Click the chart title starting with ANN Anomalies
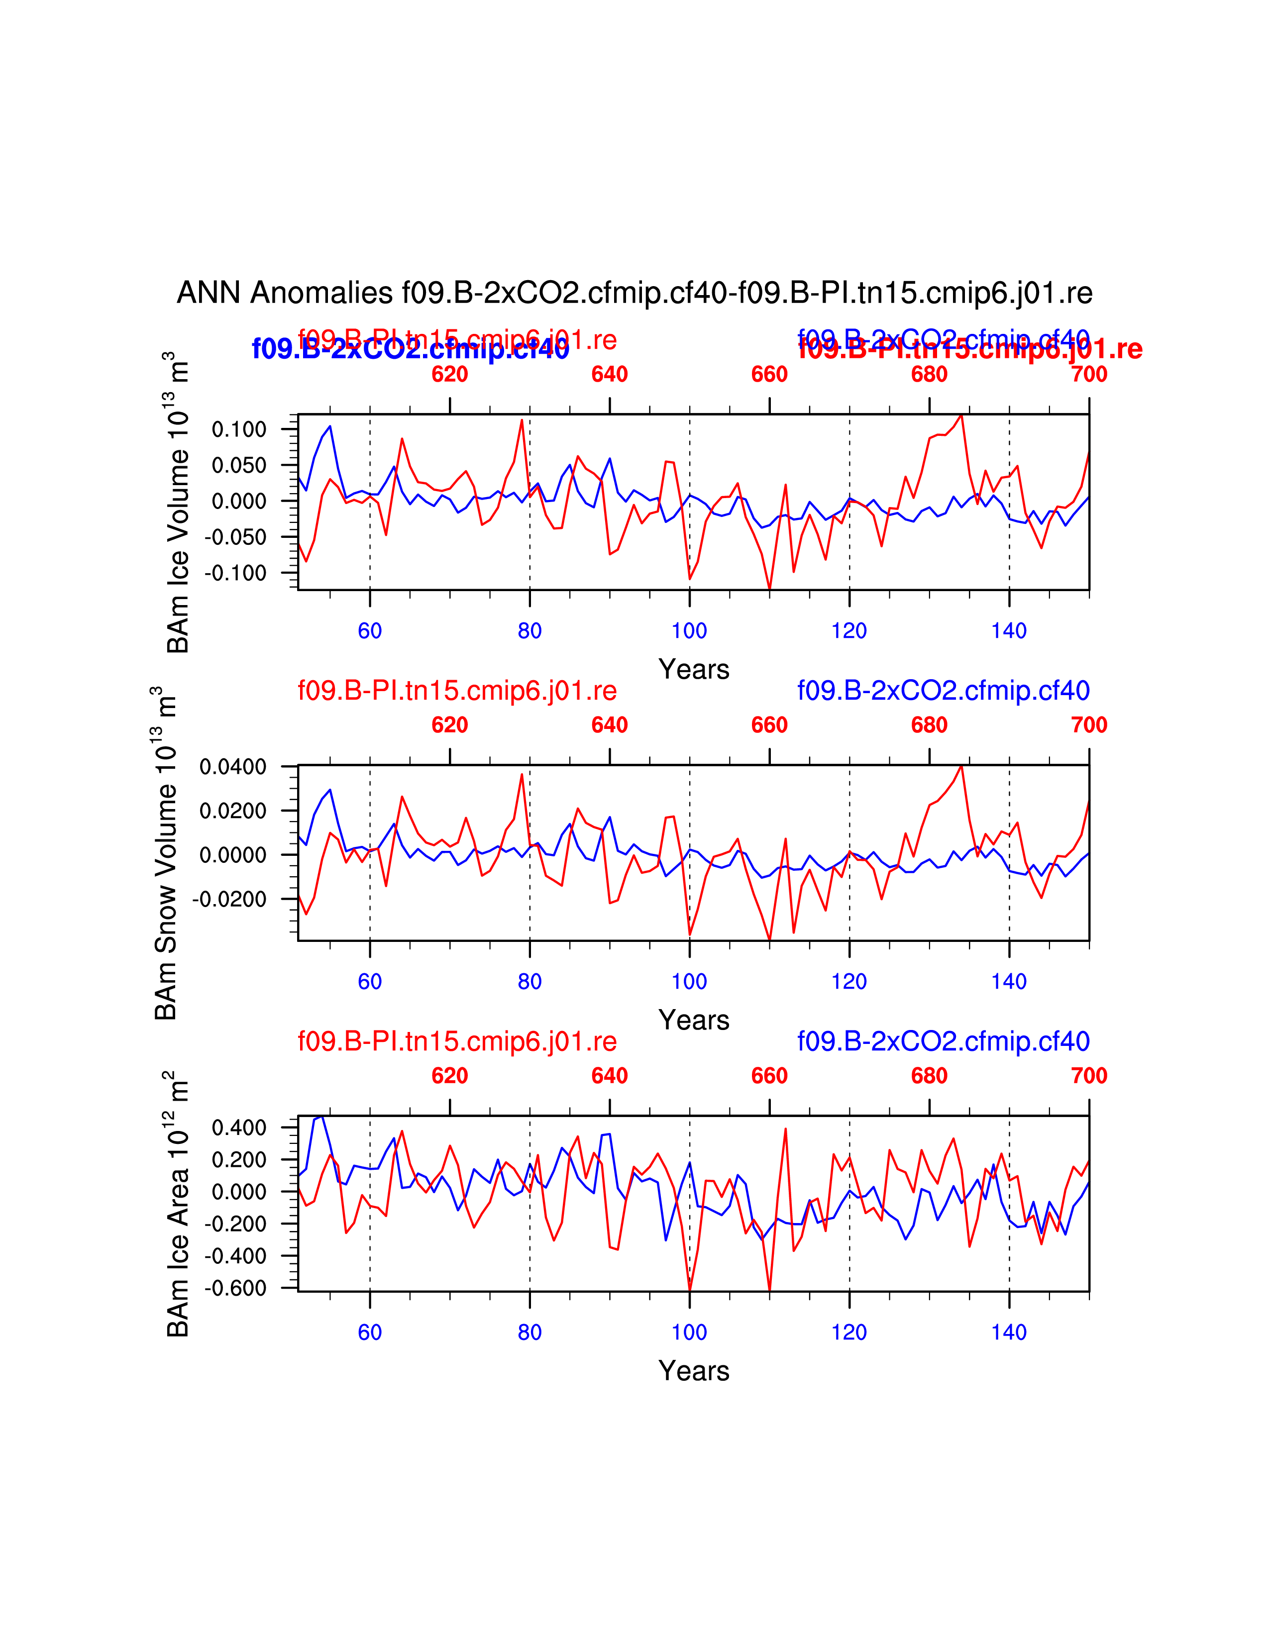(634, 293)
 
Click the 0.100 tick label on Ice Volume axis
(239, 429)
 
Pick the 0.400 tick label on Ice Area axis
(239, 1128)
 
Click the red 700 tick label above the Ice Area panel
(1088, 1076)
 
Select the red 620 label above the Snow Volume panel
(449, 725)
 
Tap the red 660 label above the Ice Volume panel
(769, 374)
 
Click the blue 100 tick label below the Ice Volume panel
(689, 631)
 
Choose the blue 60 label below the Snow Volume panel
(370, 981)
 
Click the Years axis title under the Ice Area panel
(694, 1371)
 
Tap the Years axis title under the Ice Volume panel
(694, 669)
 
